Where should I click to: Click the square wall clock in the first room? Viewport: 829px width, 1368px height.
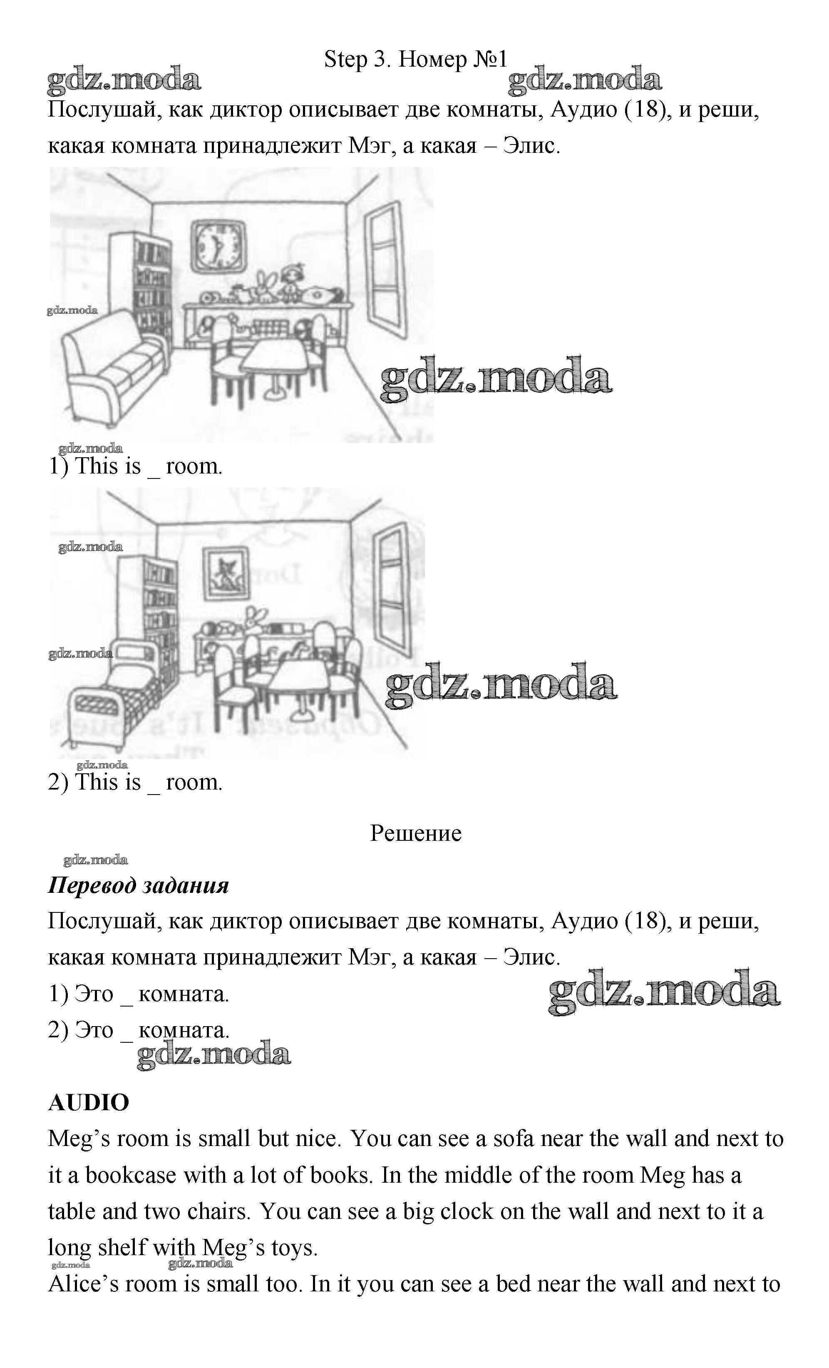218,245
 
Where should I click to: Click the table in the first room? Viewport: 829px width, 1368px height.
275,358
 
